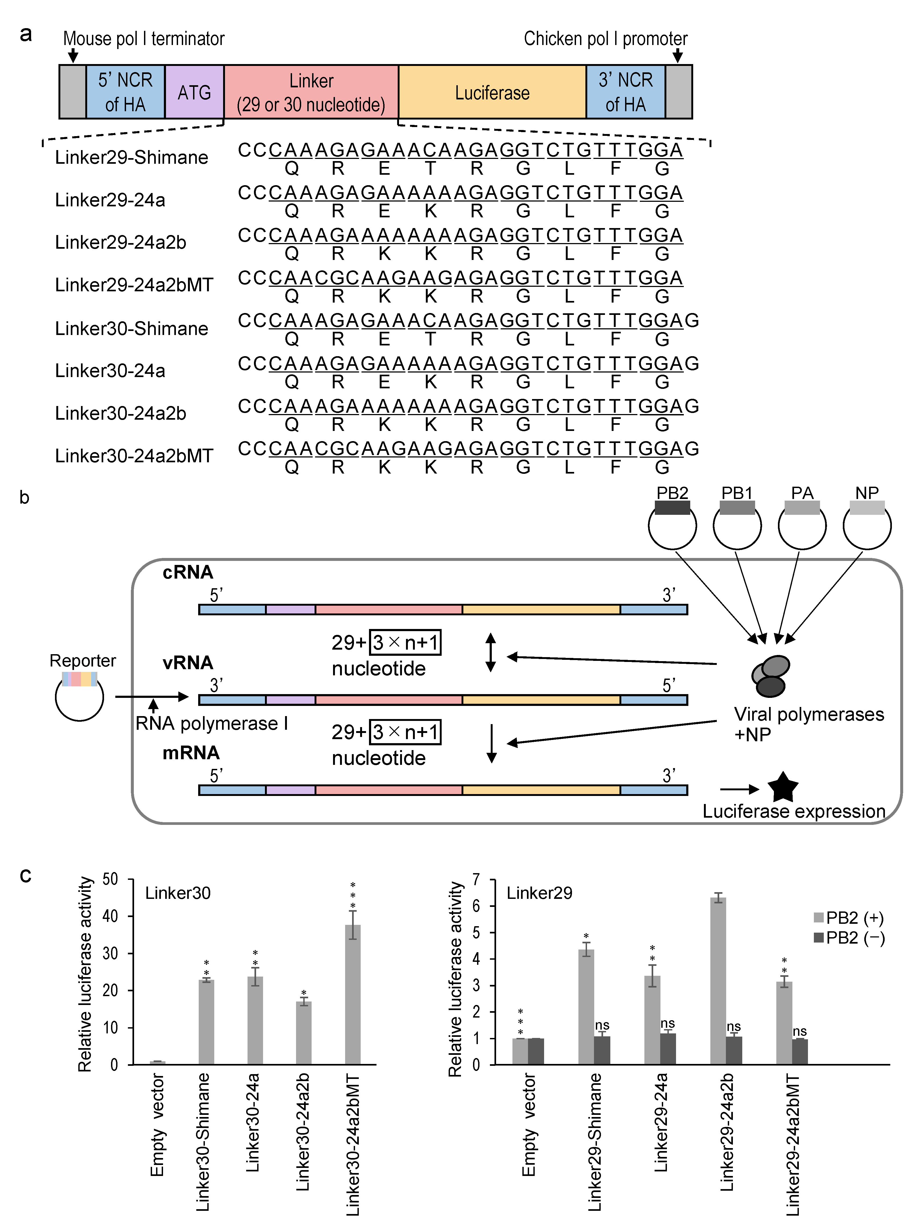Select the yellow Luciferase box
492,92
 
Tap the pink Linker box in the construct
311,92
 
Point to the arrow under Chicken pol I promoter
677,55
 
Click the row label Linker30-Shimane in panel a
131,328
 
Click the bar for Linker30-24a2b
304,1033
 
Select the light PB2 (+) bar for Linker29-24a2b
718,980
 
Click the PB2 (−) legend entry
849,938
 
